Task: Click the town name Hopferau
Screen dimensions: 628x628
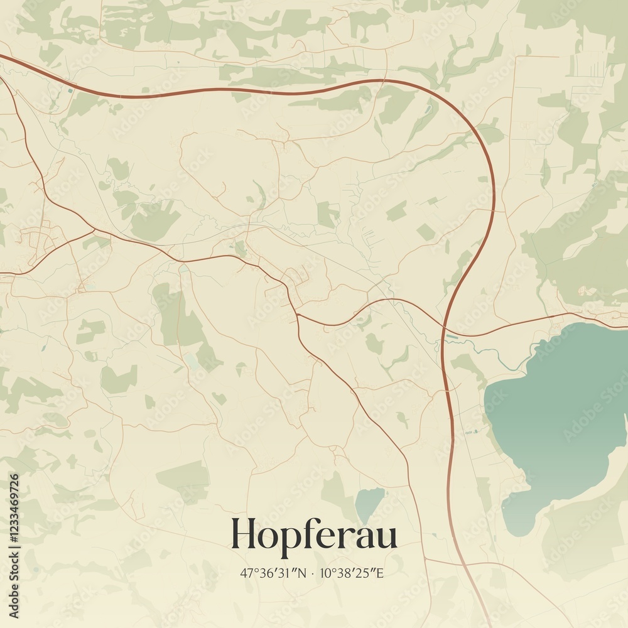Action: pos(314,535)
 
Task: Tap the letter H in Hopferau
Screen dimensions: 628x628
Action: pos(243,534)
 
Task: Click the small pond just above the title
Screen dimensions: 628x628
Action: pos(369,502)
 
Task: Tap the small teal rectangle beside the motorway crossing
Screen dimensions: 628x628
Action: pos(452,337)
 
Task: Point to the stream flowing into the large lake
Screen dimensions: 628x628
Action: pos(502,358)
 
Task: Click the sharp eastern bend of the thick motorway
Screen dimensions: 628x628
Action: pos(494,182)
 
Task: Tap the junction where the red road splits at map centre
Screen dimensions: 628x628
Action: pos(298,315)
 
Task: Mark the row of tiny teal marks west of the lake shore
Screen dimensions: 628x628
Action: pos(471,433)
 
